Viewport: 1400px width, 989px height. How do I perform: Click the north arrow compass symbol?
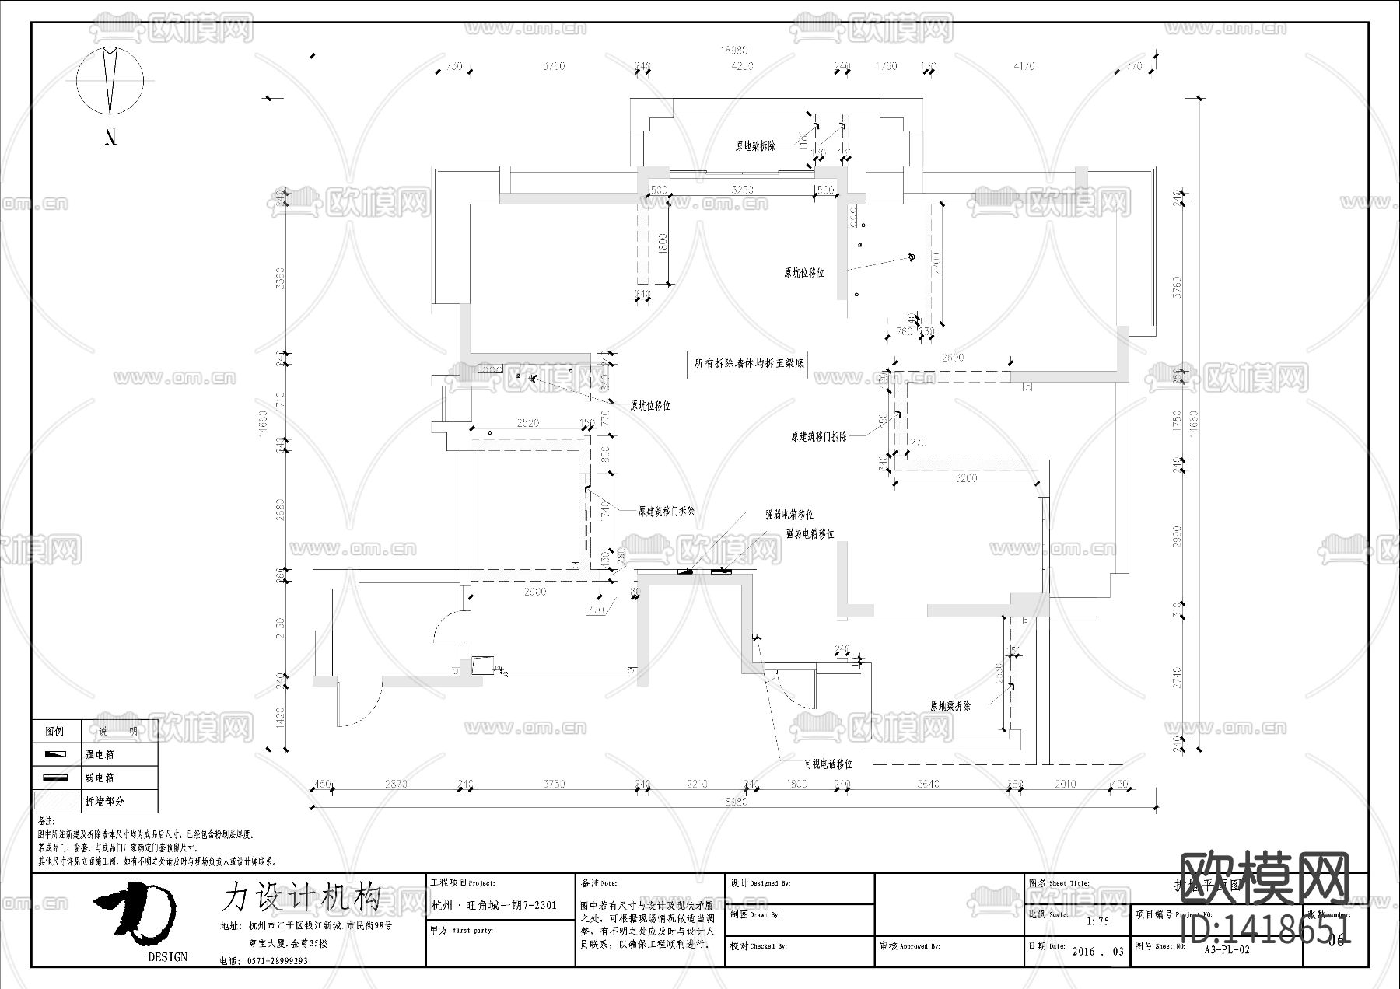(110, 80)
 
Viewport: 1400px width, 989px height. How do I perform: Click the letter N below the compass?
(110, 138)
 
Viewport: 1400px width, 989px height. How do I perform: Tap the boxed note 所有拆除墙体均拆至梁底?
(749, 363)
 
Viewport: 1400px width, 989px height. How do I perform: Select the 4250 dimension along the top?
(742, 67)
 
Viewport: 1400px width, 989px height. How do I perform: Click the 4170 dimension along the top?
(1024, 67)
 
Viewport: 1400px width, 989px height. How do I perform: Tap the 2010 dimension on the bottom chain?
(1066, 784)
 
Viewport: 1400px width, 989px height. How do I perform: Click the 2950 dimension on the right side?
(1178, 536)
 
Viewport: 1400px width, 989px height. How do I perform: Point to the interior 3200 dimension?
(965, 478)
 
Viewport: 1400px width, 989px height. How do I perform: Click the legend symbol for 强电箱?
(55, 754)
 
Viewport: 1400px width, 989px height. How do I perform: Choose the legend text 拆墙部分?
(104, 801)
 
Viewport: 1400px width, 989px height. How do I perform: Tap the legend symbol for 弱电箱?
(55, 778)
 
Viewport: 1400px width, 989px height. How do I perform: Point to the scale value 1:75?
(1097, 921)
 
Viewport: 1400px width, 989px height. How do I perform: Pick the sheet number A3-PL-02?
(1227, 950)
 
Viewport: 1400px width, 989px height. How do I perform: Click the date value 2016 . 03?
(1097, 952)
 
